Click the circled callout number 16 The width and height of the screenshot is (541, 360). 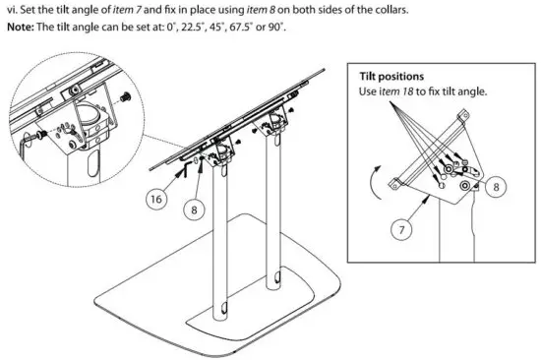(155, 198)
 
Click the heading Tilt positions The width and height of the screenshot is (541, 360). (391, 77)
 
